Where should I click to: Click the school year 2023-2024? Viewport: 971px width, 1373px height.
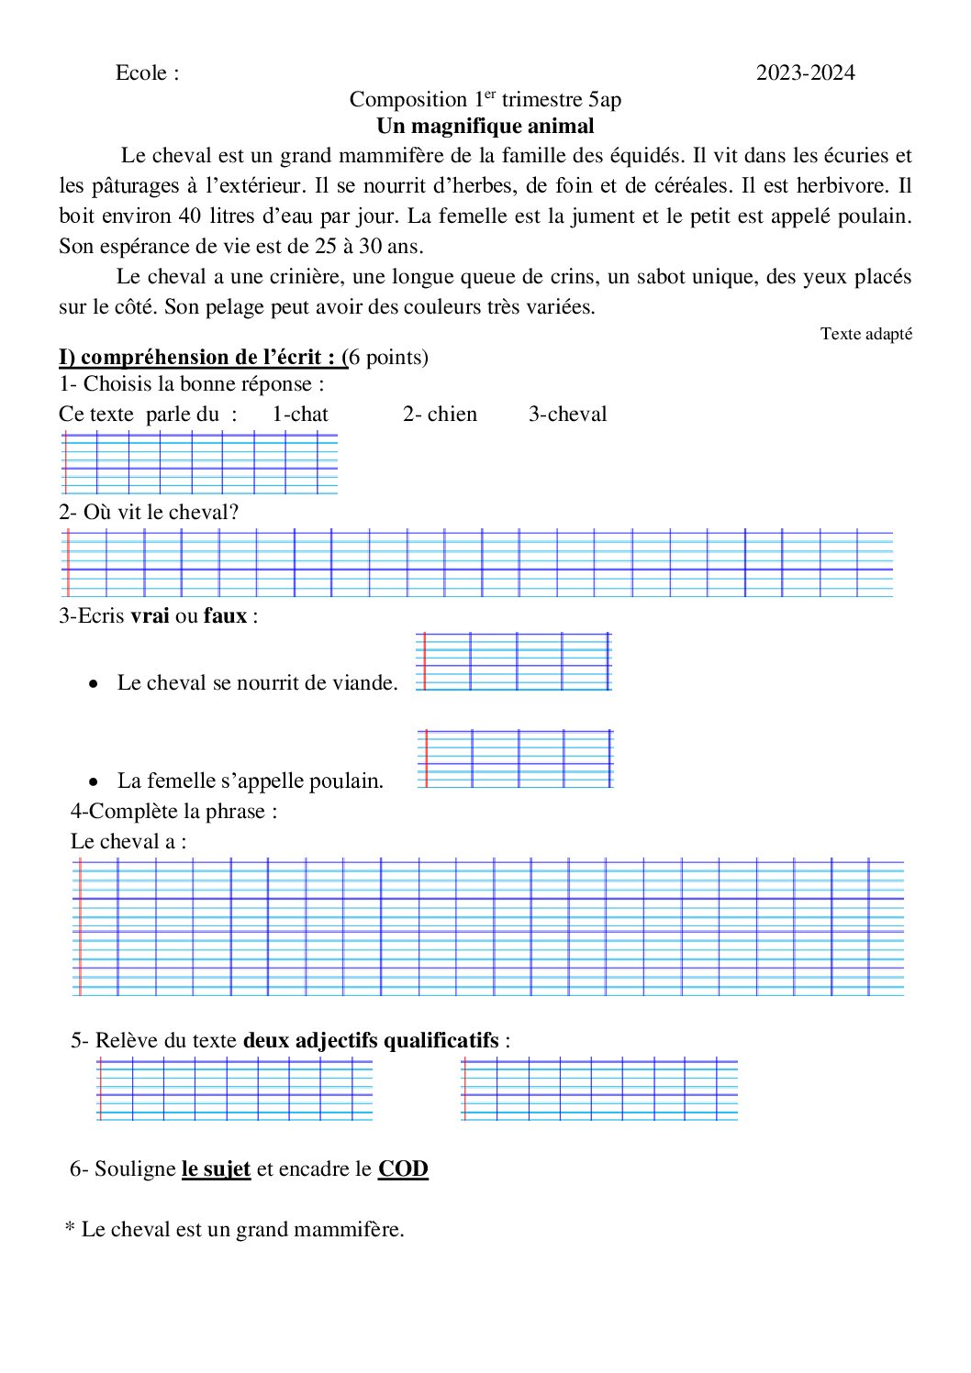pyautogui.click(x=805, y=73)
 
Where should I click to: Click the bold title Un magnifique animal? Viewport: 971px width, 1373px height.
pyautogui.click(x=485, y=127)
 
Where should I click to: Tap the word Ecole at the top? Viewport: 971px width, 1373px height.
pyautogui.click(x=141, y=73)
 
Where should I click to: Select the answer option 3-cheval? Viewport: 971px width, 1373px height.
pyautogui.click(x=567, y=415)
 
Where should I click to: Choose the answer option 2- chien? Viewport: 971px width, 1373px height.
pyautogui.click(x=440, y=415)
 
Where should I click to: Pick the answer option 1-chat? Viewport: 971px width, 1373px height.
pyautogui.click(x=300, y=415)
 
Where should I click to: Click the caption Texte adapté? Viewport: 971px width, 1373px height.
pyautogui.click(x=865, y=334)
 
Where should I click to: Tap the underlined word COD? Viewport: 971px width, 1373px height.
pyautogui.click(x=403, y=1169)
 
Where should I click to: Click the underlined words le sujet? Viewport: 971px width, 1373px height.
pyautogui.click(x=216, y=1169)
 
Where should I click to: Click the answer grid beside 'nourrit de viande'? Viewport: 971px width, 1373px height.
pyautogui.click(x=513, y=661)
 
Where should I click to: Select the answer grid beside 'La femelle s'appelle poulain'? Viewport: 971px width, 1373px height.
pyautogui.click(x=515, y=758)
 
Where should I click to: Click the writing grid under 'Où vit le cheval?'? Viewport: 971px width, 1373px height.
pyautogui.click(x=477, y=563)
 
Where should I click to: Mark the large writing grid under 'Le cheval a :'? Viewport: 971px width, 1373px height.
pyautogui.click(x=487, y=927)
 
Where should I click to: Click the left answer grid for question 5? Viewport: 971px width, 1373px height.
pyautogui.click(x=235, y=1089)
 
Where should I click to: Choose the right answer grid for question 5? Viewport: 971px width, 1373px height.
pyautogui.click(x=599, y=1089)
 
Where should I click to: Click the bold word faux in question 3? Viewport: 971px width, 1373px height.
pyautogui.click(x=225, y=616)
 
